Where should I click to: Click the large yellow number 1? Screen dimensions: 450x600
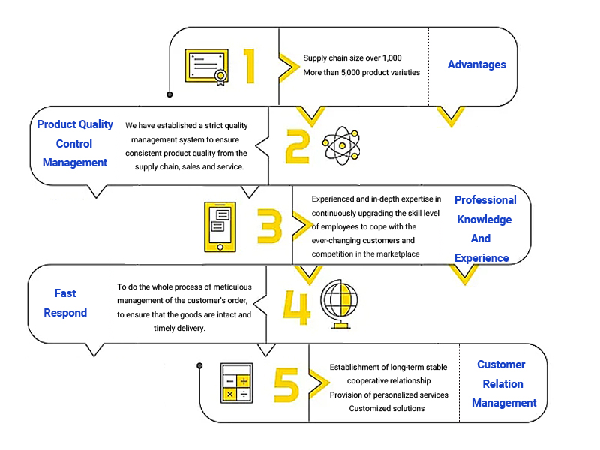coord(249,65)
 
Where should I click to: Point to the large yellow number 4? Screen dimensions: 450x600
coord(297,305)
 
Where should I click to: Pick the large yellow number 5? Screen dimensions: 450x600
coord(286,384)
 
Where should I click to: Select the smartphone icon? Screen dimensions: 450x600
coord(220,226)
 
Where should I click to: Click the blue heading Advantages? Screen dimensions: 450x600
coord(476,64)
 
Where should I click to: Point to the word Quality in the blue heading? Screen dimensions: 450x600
coord(96,124)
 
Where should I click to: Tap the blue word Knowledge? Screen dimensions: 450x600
coord(484,220)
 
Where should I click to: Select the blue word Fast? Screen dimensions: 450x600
coord(65,293)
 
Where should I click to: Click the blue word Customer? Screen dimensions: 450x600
coord(501,364)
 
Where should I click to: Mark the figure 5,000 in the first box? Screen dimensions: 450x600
coord(361,72)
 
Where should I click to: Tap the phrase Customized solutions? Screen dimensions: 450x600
coord(387,408)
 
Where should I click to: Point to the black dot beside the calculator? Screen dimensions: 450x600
coord(199,365)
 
